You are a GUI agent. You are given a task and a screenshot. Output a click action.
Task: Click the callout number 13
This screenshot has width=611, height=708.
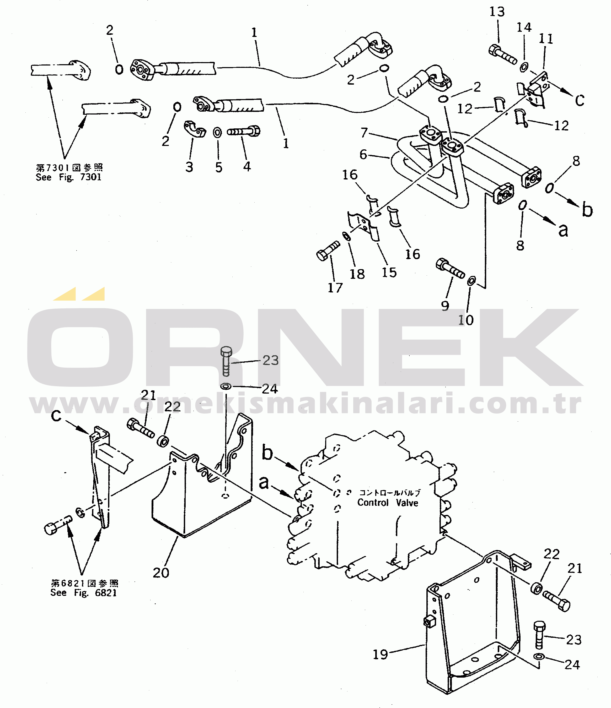click(x=497, y=12)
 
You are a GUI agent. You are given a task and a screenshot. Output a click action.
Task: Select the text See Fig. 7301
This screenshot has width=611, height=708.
click(x=68, y=177)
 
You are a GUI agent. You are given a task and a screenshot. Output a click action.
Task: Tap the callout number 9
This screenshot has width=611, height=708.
click(x=445, y=306)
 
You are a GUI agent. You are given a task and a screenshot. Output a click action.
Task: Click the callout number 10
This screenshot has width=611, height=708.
click(x=466, y=320)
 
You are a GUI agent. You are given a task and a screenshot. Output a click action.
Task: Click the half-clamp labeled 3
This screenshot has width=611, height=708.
click(x=195, y=129)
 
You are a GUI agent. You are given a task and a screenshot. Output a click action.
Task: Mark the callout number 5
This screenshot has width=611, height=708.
click(x=219, y=167)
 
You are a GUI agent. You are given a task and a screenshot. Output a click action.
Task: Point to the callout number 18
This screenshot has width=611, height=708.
click(x=357, y=274)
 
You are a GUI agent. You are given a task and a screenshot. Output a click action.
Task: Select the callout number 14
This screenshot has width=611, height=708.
click(x=524, y=27)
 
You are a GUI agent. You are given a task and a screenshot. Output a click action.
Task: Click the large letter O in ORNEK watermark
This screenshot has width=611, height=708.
click(x=80, y=347)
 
